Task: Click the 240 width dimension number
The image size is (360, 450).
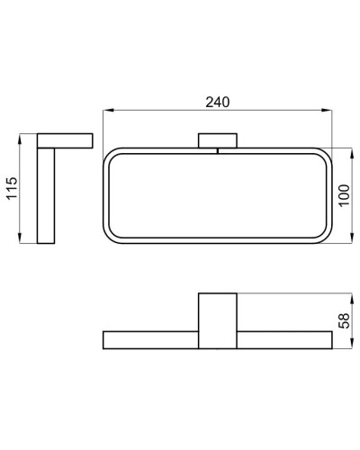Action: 217,102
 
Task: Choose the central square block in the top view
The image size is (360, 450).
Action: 217,319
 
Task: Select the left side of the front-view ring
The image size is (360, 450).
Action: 107,195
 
